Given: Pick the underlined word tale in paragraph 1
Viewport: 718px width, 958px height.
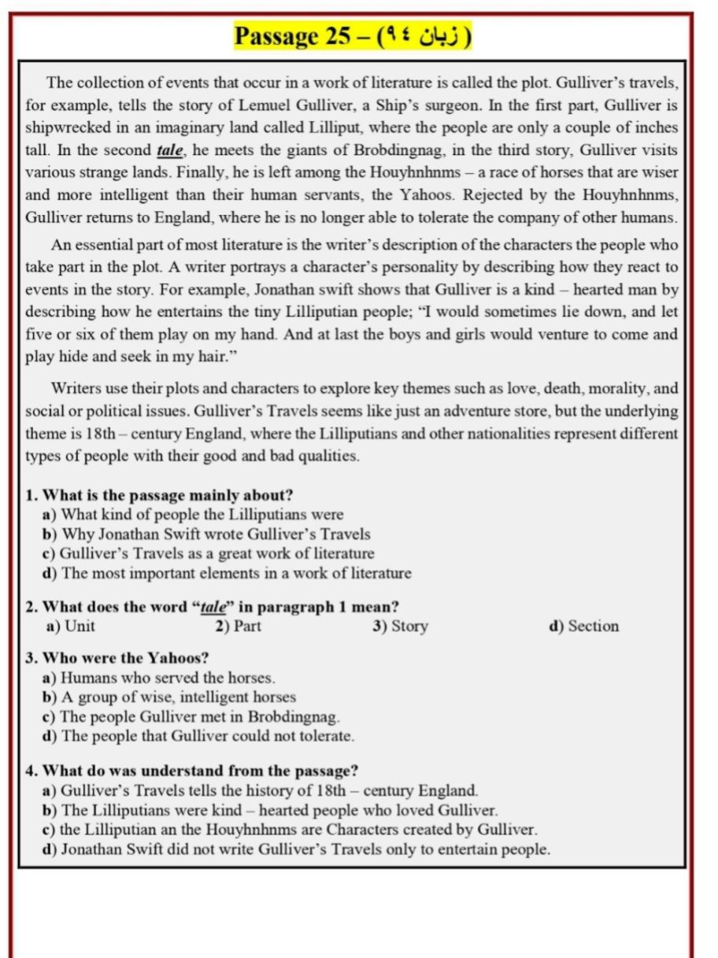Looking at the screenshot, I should [170, 150].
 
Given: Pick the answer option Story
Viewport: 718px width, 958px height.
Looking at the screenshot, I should [409, 627].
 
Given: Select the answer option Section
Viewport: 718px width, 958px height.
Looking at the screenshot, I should [594, 627].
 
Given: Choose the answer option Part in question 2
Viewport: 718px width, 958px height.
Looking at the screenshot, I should [247, 627].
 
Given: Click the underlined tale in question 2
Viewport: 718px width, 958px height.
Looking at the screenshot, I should [213, 607].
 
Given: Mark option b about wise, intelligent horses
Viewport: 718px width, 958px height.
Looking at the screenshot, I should [178, 697].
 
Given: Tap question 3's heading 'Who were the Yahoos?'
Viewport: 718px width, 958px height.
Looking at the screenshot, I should [126, 657].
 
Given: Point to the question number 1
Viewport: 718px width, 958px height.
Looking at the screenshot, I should [31, 495].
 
